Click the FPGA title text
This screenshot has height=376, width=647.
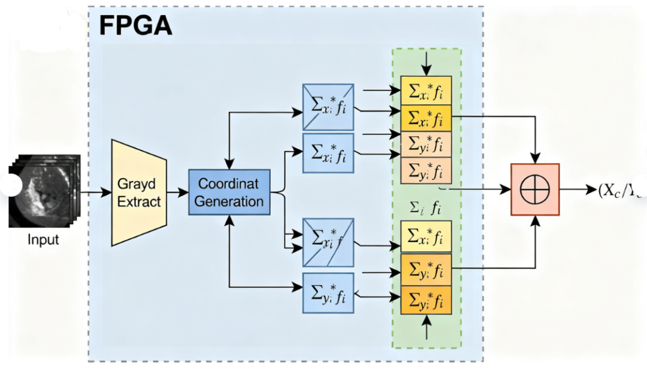point(135,25)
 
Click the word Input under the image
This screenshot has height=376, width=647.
point(44,240)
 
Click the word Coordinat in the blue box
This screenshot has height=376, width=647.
point(229,184)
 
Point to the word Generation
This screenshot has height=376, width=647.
point(229,201)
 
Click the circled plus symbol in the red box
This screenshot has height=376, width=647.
point(535,189)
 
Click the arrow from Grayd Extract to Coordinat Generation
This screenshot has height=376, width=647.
point(177,192)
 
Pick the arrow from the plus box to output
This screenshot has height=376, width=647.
point(578,189)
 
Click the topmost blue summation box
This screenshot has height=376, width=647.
point(328,107)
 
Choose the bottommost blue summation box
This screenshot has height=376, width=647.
point(328,293)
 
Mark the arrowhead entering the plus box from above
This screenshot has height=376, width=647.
point(535,160)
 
